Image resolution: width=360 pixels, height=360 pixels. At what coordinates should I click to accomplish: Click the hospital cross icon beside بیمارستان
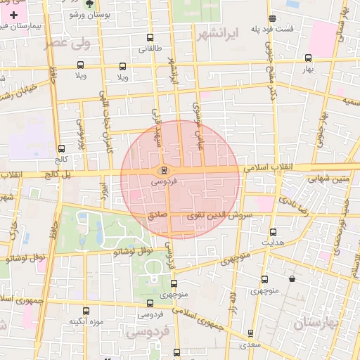pos(13,14)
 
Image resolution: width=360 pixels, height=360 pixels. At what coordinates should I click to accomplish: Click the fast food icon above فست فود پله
pos(272,18)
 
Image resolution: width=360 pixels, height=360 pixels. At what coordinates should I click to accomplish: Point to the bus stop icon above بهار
pos(308,58)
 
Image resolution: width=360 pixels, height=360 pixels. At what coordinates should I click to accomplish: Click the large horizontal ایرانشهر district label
pos(219,33)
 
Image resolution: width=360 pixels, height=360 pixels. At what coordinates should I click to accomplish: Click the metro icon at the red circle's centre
pos(163,169)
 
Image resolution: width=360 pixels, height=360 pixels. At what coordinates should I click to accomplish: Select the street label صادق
pos(157,209)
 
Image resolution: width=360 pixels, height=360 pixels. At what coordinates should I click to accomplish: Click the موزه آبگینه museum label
pos(86,321)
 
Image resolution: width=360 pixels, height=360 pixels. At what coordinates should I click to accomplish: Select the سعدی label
pos(249,345)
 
